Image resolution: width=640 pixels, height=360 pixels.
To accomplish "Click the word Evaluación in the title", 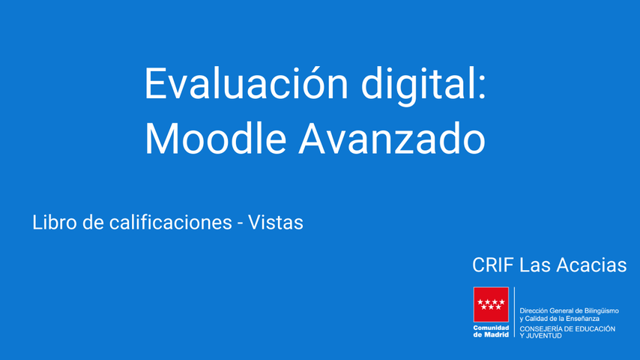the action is [x=246, y=83].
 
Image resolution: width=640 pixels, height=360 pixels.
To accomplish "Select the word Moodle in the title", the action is [x=216, y=138].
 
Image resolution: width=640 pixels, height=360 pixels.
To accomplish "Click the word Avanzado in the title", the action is [x=392, y=138].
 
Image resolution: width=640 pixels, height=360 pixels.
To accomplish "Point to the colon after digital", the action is [x=483, y=87].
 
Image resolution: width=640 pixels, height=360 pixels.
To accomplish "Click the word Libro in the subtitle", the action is [x=55, y=222].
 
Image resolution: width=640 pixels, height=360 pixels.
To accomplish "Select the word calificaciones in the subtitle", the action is [x=170, y=222].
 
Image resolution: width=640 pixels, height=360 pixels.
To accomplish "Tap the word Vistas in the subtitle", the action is [x=276, y=222].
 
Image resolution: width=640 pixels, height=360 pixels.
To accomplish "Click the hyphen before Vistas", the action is [x=240, y=224].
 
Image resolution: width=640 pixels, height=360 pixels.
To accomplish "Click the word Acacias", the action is [x=591, y=265].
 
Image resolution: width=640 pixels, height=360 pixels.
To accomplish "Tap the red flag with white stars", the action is [x=491, y=304].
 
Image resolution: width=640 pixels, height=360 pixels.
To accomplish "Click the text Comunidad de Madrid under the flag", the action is [x=491, y=331].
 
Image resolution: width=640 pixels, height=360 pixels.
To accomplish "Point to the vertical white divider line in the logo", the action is [x=514, y=312].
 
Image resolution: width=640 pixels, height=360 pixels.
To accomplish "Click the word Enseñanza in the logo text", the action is [x=585, y=319].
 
